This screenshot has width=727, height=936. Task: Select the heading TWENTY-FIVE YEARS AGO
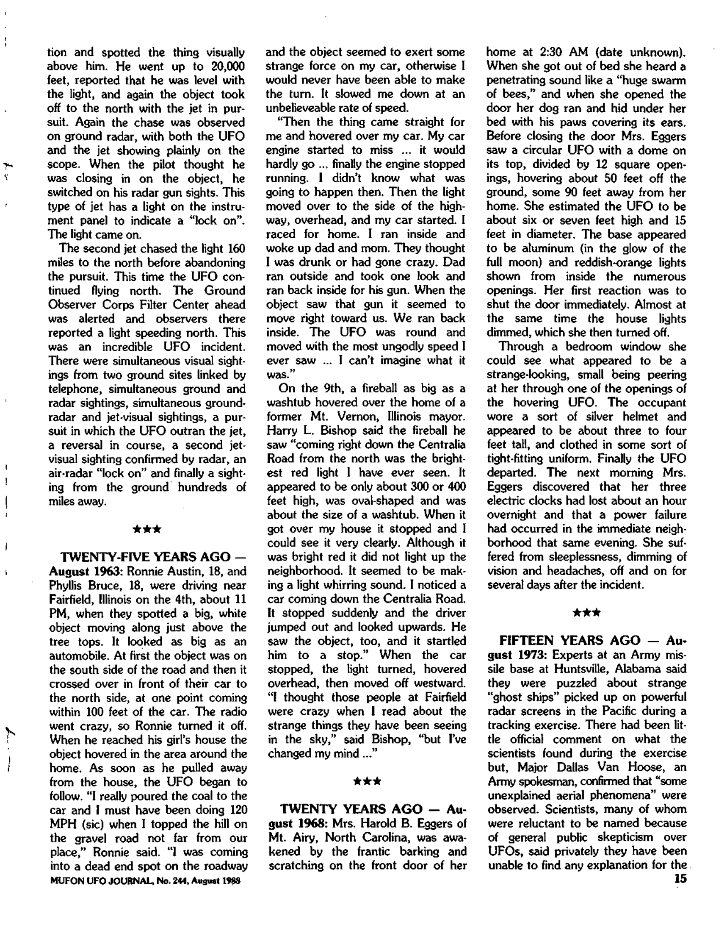(x=146, y=557)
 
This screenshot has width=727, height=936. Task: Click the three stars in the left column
(x=147, y=530)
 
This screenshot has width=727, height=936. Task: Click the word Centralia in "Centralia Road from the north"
(x=437, y=444)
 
